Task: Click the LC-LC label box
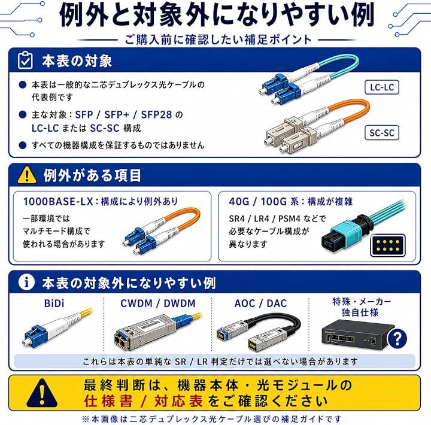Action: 382,87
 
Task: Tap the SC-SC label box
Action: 382,133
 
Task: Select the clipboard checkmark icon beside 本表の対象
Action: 25,60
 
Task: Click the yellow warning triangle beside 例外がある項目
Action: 27,175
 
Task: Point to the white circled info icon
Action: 26,282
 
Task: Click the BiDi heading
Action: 54,303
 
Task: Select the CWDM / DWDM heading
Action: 158,303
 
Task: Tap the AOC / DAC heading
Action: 260,303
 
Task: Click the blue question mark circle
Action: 397,339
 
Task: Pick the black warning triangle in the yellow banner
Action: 42,394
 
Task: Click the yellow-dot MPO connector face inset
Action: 388,245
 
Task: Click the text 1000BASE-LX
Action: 58,202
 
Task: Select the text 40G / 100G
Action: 258,202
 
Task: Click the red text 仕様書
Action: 108,402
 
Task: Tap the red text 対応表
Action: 178,402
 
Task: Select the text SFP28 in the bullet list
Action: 156,115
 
